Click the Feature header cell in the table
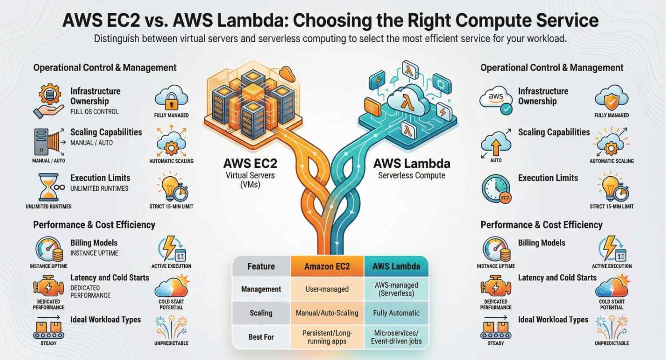[x=261, y=267]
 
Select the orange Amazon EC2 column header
[x=327, y=267]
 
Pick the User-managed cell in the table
[x=327, y=289]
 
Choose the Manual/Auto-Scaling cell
[x=327, y=313]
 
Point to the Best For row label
[x=261, y=337]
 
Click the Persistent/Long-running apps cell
[x=327, y=337]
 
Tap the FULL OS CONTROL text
[x=94, y=112]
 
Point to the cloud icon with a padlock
[x=171, y=99]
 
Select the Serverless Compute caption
[x=412, y=176]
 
